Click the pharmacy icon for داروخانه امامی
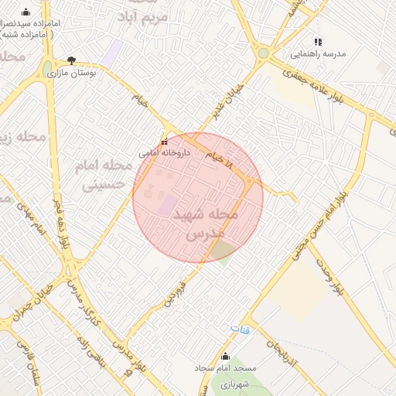point(164,142)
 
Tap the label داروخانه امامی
point(159,154)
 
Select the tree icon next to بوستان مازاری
point(72,60)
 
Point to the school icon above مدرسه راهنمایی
point(317,42)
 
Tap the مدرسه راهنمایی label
point(318,54)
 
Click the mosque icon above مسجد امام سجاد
point(225,357)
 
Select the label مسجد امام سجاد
point(225,368)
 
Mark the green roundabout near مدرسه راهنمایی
point(264,53)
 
